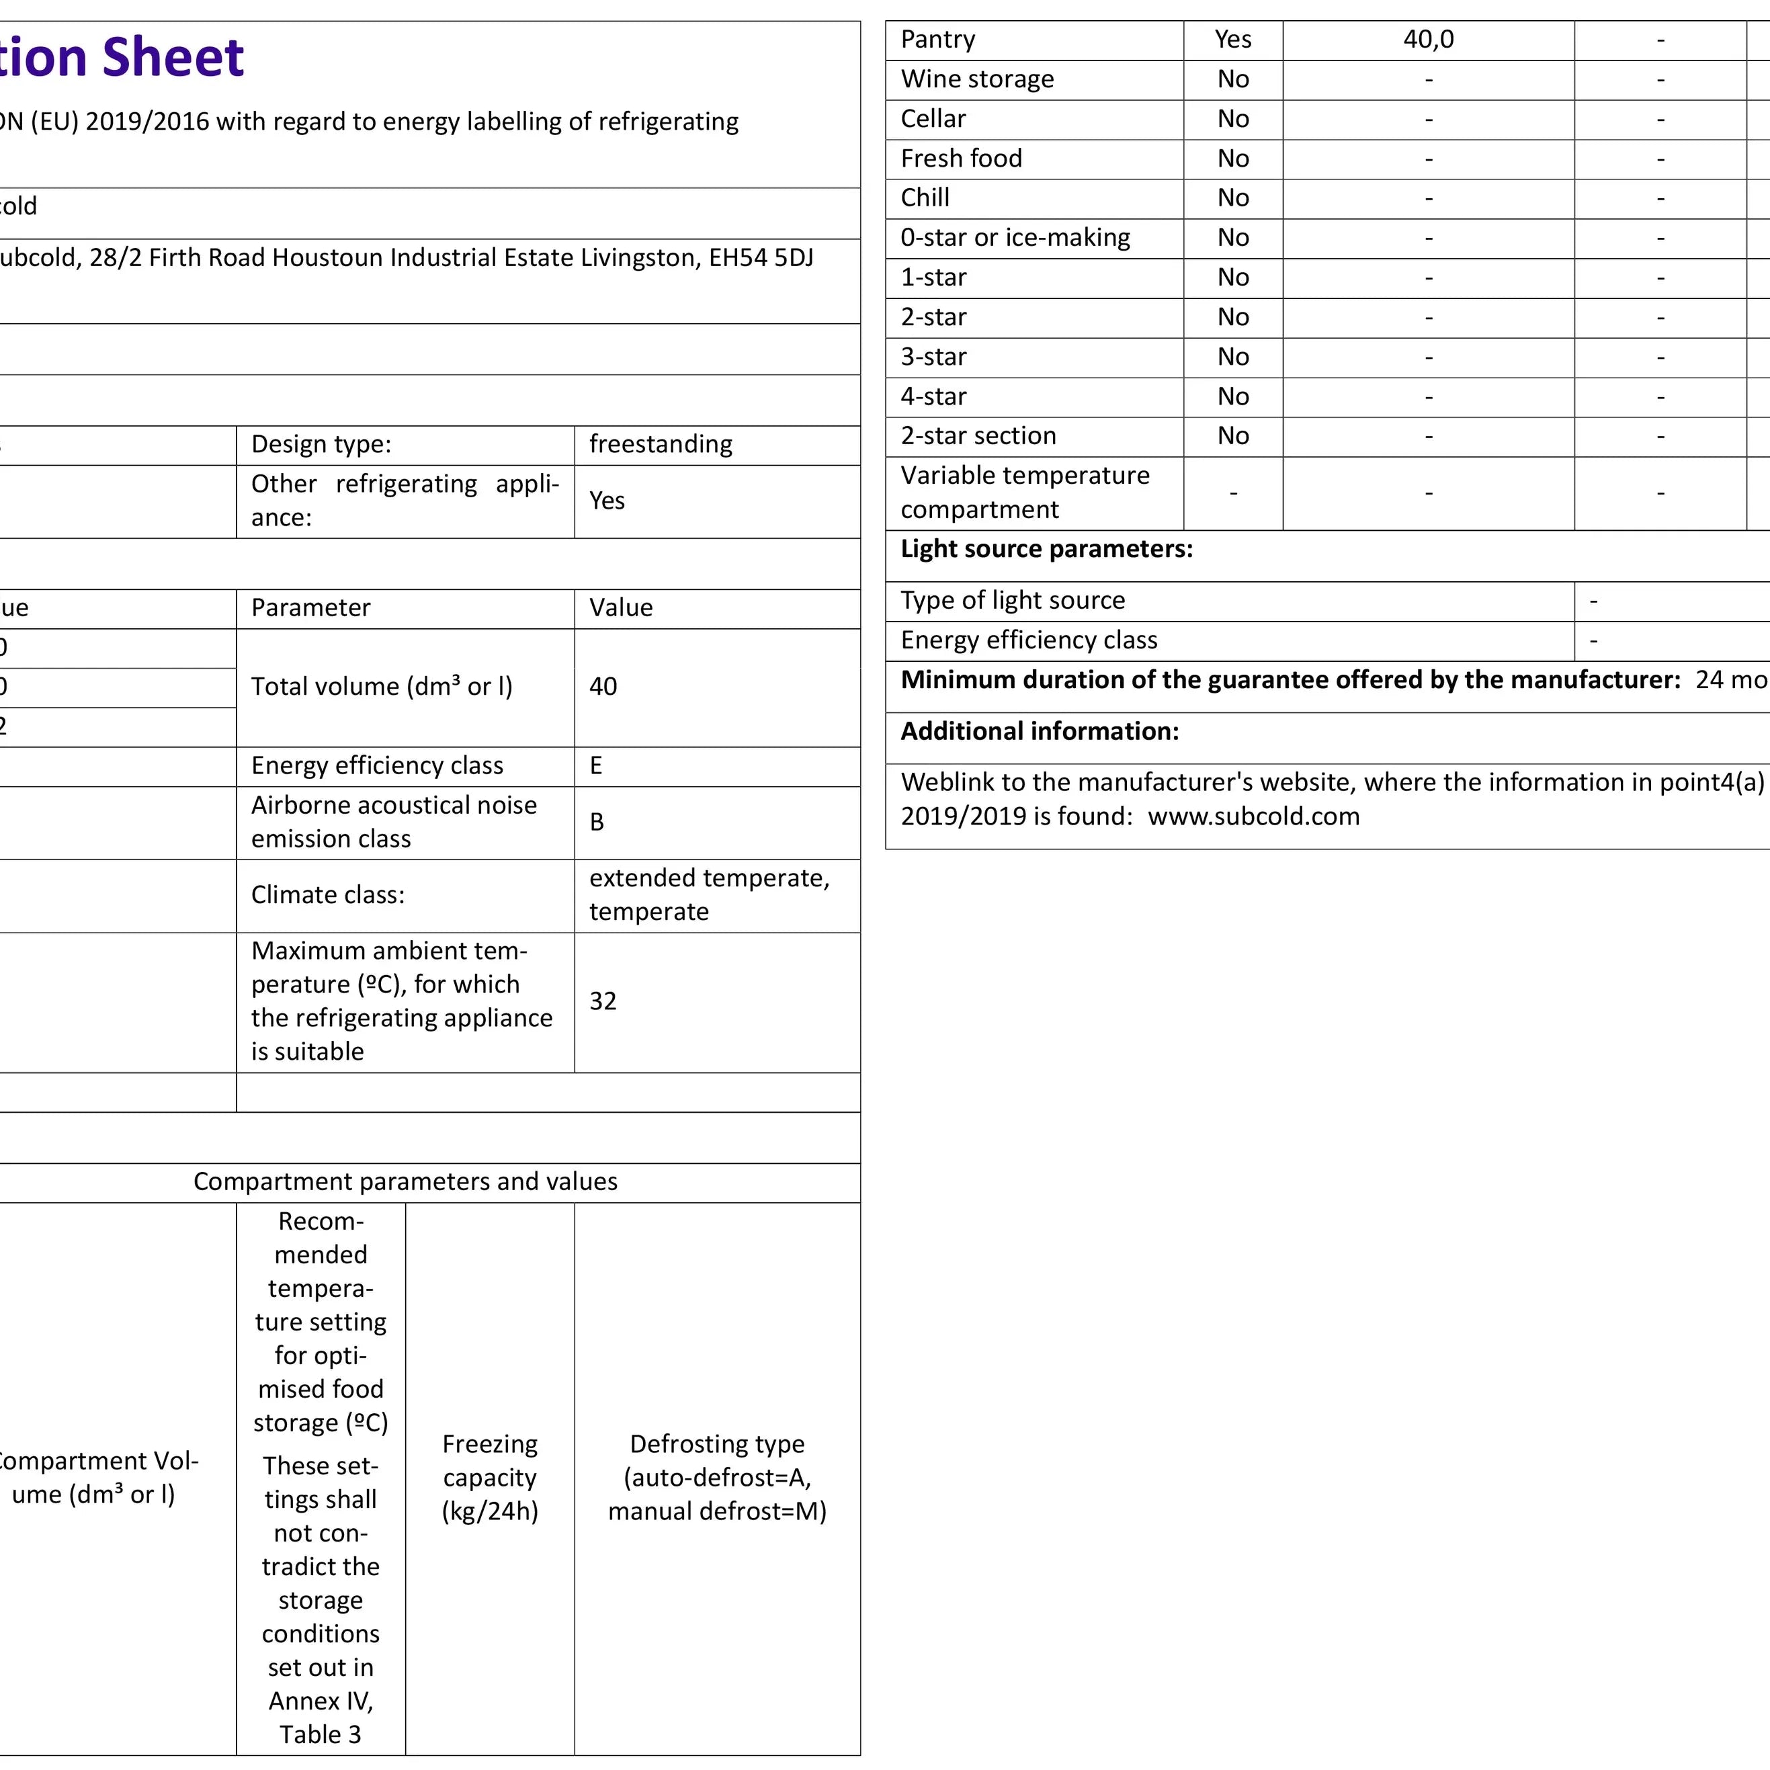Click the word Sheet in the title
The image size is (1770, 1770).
(173, 58)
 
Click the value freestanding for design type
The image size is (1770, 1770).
(661, 444)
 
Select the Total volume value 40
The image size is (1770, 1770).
(603, 686)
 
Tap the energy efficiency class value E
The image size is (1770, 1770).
(595, 765)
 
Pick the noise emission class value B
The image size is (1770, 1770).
(597, 822)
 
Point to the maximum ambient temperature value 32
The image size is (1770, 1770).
(603, 1001)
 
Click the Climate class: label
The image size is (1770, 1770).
(327, 894)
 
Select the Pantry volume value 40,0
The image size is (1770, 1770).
(1427, 40)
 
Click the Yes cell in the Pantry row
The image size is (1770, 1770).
(1232, 40)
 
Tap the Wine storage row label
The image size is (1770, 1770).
(976, 80)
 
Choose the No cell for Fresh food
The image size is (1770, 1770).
(1232, 159)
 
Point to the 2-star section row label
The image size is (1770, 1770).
(978, 436)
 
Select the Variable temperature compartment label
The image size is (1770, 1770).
(1024, 492)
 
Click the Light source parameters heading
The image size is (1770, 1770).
(1046, 549)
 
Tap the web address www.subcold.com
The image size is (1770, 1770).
(1253, 816)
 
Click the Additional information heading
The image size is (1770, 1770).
(1039, 731)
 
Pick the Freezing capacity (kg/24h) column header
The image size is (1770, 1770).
(489, 1477)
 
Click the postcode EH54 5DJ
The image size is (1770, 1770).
(761, 258)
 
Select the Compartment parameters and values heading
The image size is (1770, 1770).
(405, 1182)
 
